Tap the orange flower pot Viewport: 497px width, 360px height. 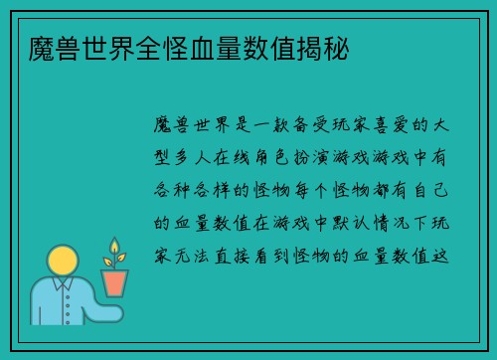[x=116, y=282]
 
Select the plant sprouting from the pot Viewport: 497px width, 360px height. [x=115, y=254]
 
